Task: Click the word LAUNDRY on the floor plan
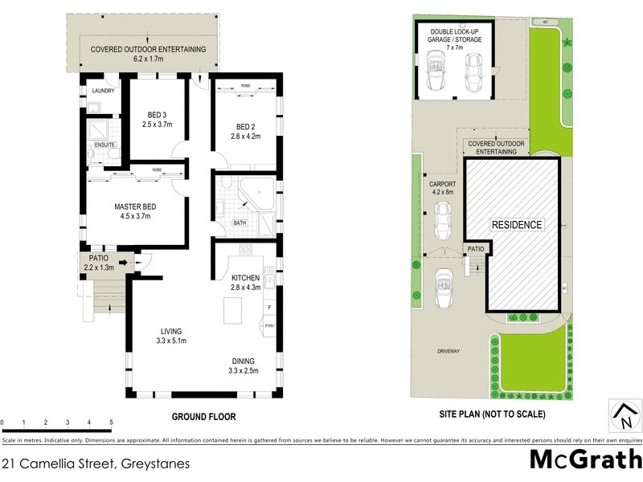pos(104,91)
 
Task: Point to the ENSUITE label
pos(105,145)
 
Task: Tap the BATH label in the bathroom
pos(240,223)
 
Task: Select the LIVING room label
pos(170,331)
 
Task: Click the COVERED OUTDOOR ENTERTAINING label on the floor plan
pos(148,49)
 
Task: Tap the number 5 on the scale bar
pos(110,423)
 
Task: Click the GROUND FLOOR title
pos(203,416)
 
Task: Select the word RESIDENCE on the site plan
pos(517,225)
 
